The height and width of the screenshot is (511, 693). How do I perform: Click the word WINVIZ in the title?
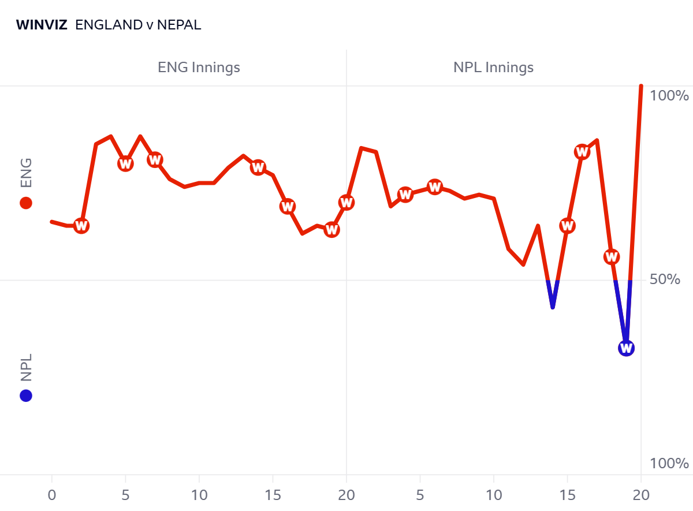point(42,25)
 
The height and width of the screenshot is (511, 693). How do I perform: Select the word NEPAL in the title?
point(179,25)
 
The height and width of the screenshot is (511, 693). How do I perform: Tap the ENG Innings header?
point(199,68)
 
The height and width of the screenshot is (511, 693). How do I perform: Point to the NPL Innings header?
point(493,68)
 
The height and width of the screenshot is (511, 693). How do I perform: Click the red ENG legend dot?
point(25,203)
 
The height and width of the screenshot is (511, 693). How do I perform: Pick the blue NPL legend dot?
point(25,396)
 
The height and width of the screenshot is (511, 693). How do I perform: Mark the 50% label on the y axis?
point(669,279)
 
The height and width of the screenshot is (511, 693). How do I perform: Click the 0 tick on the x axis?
point(52,495)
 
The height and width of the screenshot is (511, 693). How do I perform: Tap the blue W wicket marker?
point(626,348)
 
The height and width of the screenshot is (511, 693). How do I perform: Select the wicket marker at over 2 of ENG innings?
point(81,226)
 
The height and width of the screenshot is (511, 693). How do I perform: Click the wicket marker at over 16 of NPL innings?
point(582,152)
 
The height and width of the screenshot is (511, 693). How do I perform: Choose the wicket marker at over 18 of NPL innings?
point(612,256)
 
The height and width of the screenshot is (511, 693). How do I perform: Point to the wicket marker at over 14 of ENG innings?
point(258,167)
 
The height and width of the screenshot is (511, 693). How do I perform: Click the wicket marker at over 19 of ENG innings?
point(331,229)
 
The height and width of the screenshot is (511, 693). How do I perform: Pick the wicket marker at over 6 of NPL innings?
point(435,187)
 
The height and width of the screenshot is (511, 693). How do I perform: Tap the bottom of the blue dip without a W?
point(553,307)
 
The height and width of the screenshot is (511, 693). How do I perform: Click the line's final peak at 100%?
point(641,87)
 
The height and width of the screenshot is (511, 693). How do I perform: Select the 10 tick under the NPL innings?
point(493,495)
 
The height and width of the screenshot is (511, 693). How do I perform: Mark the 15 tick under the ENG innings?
point(273,495)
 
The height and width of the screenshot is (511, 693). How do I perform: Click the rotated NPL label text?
point(26,367)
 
